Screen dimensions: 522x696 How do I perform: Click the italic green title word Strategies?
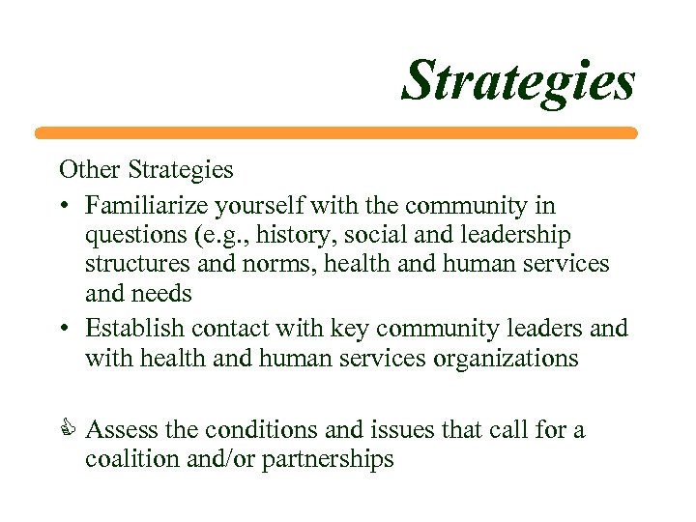(x=519, y=81)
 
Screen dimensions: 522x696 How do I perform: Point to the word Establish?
(x=128, y=328)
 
